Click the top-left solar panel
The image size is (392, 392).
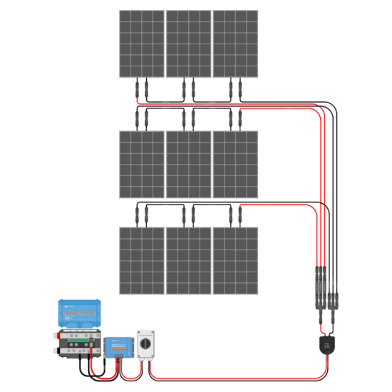click(x=141, y=43)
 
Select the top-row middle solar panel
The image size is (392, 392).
click(x=188, y=43)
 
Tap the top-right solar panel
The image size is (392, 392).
click(x=235, y=43)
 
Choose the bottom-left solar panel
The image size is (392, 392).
click(x=141, y=261)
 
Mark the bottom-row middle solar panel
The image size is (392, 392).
click(x=188, y=261)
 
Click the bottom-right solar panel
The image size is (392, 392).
click(x=235, y=261)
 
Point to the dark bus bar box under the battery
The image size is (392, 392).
click(x=74, y=344)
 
